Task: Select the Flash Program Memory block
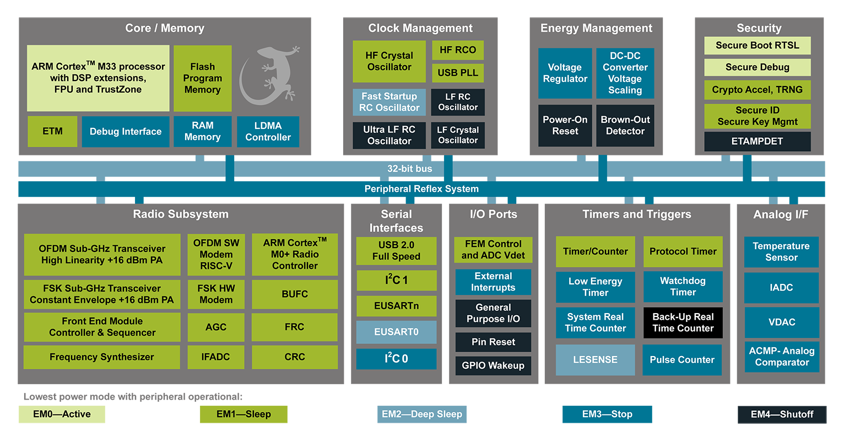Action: coord(202,78)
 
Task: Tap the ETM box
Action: coord(52,132)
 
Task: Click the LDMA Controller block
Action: coord(268,132)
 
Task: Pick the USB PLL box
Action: coord(457,73)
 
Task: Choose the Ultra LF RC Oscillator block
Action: coord(389,136)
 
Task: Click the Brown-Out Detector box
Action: coord(625,126)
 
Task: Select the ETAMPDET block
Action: coord(757,142)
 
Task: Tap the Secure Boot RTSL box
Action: coord(757,46)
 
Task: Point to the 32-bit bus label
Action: coord(409,169)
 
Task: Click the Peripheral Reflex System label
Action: coord(421,189)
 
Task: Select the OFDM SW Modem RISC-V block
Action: coord(216,255)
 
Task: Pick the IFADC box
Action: coord(215,357)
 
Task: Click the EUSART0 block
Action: coord(396,332)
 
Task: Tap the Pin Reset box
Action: coord(493,342)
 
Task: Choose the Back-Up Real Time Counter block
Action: coord(683,323)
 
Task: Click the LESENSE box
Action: coord(595,360)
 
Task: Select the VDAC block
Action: coord(781,322)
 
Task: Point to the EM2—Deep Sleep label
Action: coord(421,414)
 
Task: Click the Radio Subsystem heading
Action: coord(180,214)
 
